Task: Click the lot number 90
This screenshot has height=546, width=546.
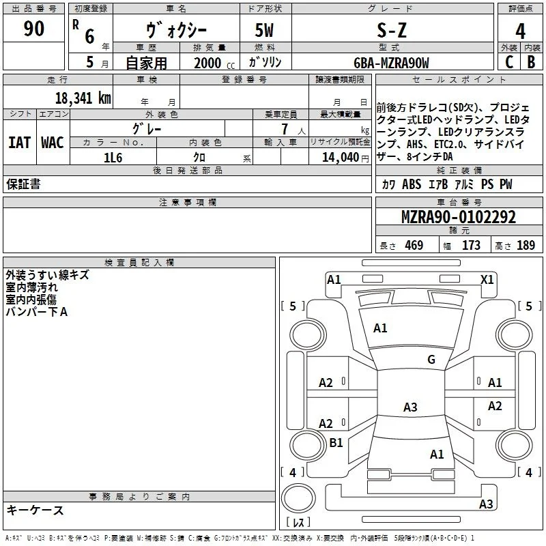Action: coord(33,28)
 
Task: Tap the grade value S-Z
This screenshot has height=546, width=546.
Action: coord(392,30)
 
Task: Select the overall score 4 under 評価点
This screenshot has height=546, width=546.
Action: coord(520,31)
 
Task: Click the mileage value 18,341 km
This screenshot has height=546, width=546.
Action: coord(83,98)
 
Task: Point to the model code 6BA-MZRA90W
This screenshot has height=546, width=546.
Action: coord(391,63)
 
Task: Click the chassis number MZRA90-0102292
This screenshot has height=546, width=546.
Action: coord(459,217)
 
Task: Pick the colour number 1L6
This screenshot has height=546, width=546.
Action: coord(113,158)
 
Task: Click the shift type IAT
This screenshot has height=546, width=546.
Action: coord(19,143)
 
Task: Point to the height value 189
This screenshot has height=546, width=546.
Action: coord(526,245)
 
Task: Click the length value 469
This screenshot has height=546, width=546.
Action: coord(414,245)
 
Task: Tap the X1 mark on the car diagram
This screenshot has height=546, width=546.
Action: coord(487,279)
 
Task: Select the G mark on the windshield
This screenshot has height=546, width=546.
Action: coord(431,359)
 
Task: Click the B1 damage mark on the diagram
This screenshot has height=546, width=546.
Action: coord(336,442)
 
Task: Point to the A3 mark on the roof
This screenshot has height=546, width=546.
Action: coord(410,407)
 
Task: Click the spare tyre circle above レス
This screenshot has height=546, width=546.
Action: coord(298,498)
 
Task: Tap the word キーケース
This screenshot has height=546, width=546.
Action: coord(35,510)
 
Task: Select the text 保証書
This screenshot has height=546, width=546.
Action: coord(23,184)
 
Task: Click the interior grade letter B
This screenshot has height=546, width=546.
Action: coord(531,62)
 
